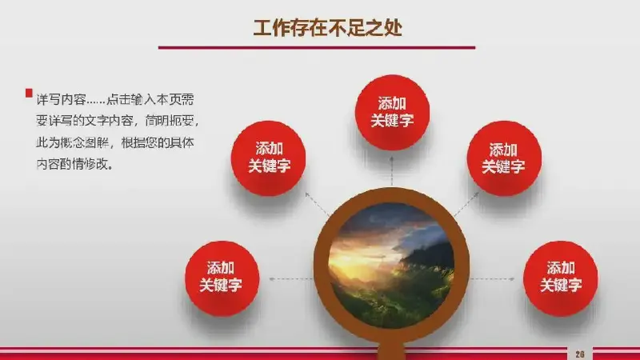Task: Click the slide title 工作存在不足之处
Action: tap(328, 28)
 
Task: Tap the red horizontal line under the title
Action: tap(317, 48)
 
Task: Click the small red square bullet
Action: tap(29, 93)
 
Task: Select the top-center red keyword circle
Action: tap(392, 112)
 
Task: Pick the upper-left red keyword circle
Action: tap(269, 158)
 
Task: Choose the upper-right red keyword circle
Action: tap(504, 158)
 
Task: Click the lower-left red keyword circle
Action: tap(222, 278)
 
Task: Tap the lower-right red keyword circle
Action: tap(561, 278)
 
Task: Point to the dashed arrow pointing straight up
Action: tap(392, 171)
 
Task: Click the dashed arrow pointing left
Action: tap(291, 279)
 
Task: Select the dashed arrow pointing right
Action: tap(492, 279)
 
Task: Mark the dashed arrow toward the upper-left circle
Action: tap(317, 204)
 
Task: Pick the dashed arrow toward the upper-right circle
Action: tap(466, 204)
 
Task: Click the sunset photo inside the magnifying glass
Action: tap(391, 266)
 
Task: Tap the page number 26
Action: tap(579, 354)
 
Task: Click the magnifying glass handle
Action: tap(391, 351)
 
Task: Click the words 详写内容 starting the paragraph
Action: tap(61, 99)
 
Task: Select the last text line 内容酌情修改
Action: tap(74, 164)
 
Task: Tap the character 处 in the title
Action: tap(393, 28)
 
